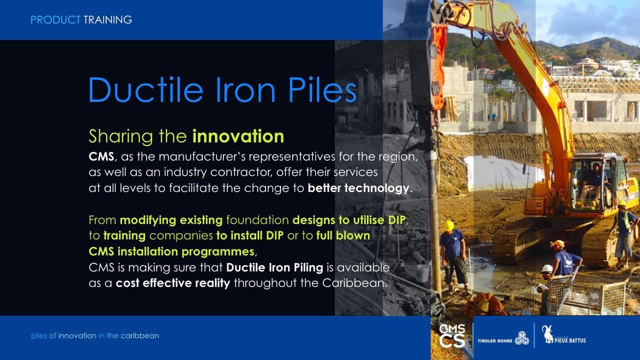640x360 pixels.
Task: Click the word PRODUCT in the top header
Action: point(55,20)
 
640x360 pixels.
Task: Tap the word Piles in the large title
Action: point(323,90)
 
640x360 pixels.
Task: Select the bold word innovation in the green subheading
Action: point(238,137)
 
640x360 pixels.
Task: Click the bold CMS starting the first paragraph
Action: point(101,157)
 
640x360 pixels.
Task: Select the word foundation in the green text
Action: point(258,220)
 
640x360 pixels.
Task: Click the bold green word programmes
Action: point(218,252)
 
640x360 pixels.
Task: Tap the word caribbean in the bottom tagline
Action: point(140,335)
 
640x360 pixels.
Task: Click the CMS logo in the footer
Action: point(452,335)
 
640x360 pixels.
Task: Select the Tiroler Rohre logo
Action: point(503,339)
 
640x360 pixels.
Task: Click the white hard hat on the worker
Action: point(547,269)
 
